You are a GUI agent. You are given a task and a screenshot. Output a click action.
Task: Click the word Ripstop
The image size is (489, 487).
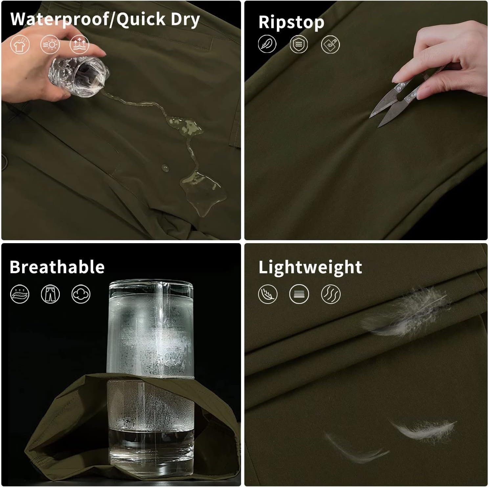(291, 23)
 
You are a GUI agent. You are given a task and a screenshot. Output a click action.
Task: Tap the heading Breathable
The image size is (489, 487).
(57, 267)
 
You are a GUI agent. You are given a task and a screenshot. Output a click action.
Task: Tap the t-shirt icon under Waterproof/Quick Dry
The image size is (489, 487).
(20, 44)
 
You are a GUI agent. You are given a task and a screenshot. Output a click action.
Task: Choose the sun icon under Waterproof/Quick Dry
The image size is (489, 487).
(50, 44)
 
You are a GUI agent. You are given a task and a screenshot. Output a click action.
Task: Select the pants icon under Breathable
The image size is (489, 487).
(50, 293)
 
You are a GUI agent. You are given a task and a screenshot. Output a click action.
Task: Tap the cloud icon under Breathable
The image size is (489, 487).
(81, 293)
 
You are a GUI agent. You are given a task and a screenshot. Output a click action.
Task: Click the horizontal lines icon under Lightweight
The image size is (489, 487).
(299, 294)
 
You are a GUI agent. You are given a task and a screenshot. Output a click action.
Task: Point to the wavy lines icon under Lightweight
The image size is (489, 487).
(331, 294)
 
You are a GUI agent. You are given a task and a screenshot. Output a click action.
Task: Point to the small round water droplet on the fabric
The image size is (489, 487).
(165, 168)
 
